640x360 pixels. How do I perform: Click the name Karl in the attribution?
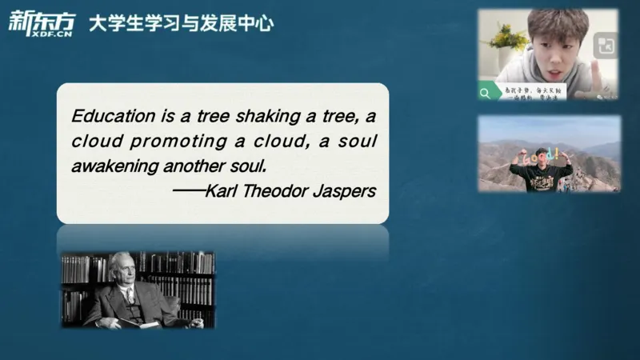(220, 192)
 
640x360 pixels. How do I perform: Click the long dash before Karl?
(187, 192)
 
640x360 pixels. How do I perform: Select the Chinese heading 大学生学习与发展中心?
(181, 24)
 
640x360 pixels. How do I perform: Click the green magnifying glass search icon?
(485, 93)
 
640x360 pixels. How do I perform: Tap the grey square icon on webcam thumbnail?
(606, 46)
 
